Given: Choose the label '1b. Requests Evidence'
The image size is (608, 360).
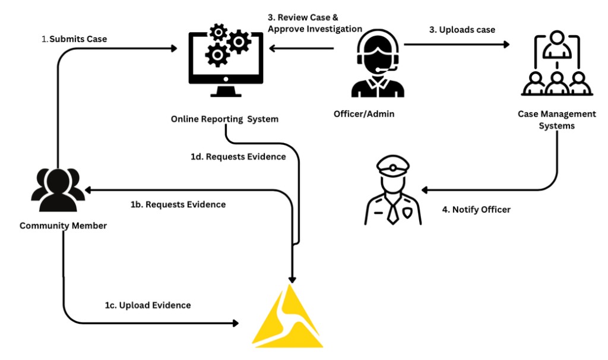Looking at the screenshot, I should tap(178, 204).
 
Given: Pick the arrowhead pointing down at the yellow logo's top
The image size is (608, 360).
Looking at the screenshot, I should tap(292, 277).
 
